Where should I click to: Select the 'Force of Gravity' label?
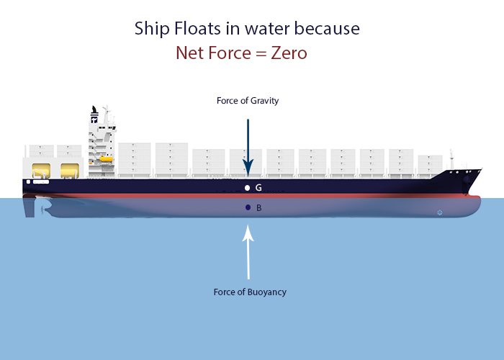pos(248,101)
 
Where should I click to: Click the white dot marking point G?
pos(248,188)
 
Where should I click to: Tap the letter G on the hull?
pos(258,188)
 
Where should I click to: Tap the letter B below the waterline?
pos(258,208)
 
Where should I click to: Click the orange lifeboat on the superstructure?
pos(106,158)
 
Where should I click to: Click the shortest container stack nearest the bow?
pos(430,164)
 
